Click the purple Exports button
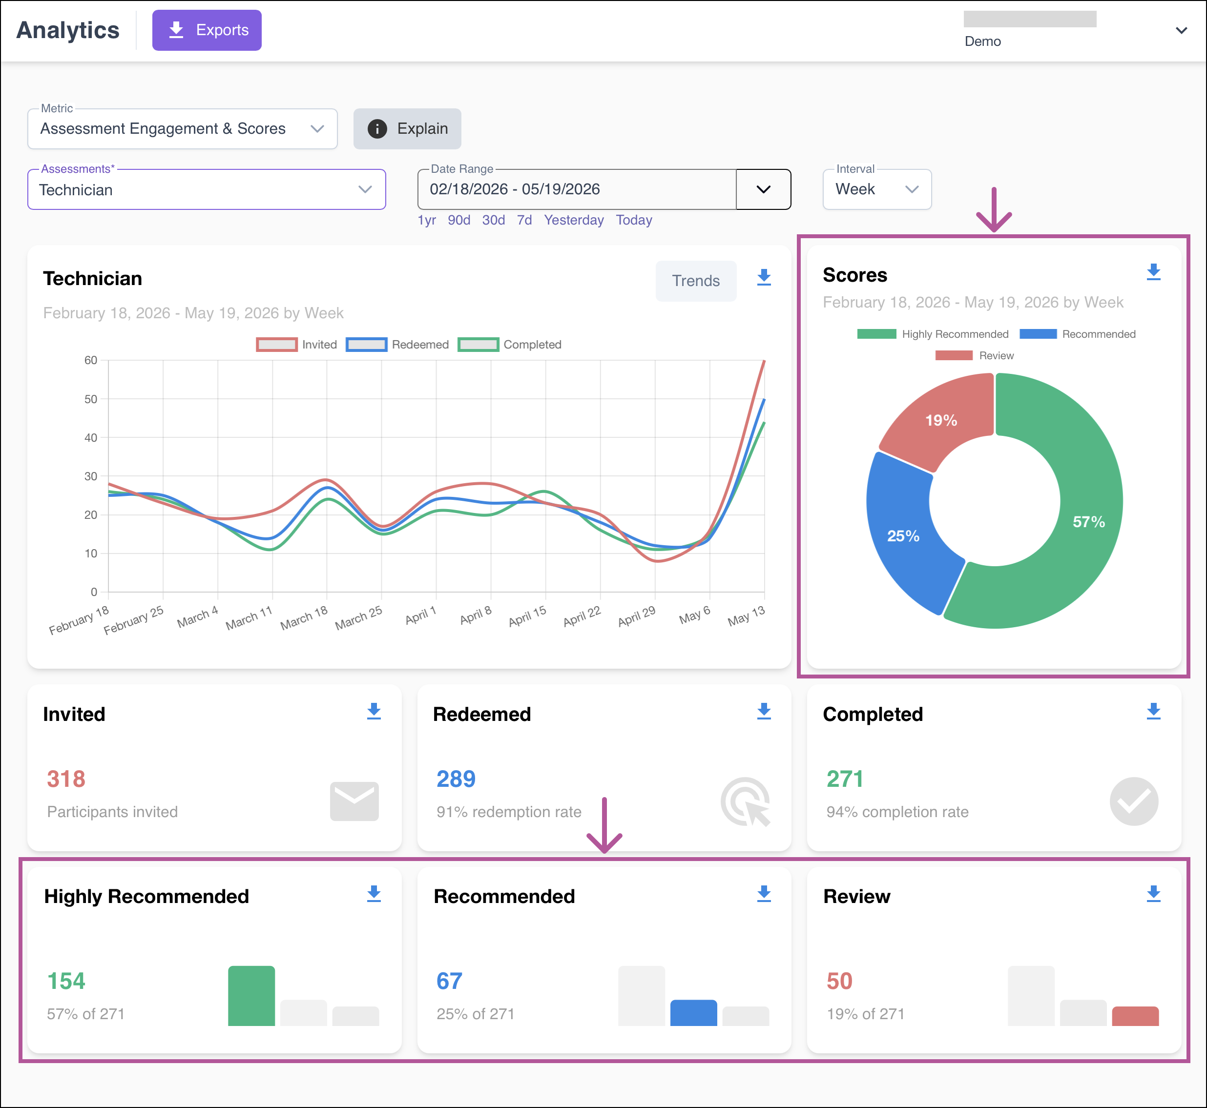tap(207, 30)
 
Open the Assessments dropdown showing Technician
tap(207, 189)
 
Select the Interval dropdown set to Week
tap(876, 189)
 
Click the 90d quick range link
tap(459, 220)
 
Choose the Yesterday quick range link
tap(574, 220)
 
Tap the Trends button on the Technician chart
tap(696, 281)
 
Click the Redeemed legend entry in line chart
tap(397, 344)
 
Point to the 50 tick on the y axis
tap(91, 399)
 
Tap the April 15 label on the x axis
tap(527, 616)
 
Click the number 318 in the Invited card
tap(66, 779)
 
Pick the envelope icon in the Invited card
tap(354, 801)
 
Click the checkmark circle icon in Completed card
tap(1134, 801)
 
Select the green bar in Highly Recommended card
tap(251, 995)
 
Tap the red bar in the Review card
tap(1135, 1016)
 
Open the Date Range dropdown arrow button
tap(763, 189)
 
